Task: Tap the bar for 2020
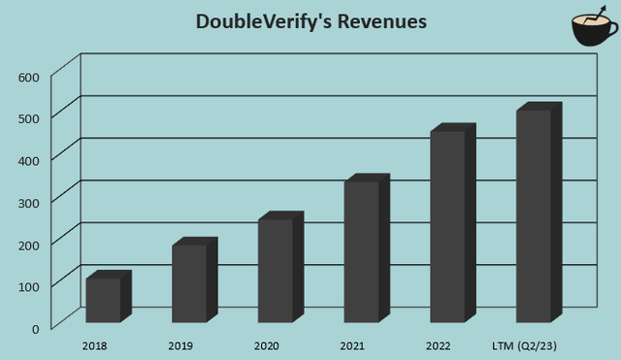pyautogui.click(x=275, y=270)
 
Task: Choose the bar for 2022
pyautogui.click(x=446, y=225)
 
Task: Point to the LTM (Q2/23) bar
pyautogui.click(x=533, y=214)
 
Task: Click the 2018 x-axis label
pyautogui.click(x=95, y=345)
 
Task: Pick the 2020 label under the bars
pyautogui.click(x=267, y=345)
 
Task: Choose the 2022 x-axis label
pyautogui.click(x=439, y=345)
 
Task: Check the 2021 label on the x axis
pyautogui.click(x=353, y=345)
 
